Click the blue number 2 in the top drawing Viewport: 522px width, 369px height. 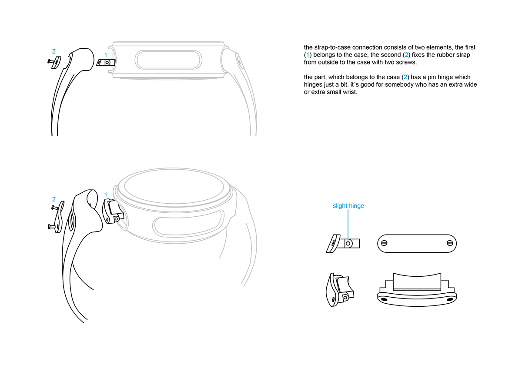point(54,51)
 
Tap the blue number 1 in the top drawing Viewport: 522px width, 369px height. point(105,55)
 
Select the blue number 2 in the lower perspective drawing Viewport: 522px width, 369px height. point(54,199)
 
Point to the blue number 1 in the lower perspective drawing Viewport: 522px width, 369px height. point(105,194)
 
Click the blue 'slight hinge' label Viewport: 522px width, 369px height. point(348,206)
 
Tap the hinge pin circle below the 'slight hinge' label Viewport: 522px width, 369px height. point(348,244)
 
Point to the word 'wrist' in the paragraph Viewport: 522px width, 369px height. point(349,92)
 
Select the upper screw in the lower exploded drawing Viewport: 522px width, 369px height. point(53,208)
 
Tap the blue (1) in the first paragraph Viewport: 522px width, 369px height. point(308,55)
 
